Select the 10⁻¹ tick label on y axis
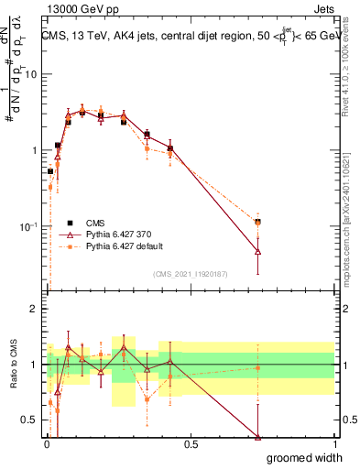[x=30, y=226]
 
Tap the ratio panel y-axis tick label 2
[x=36, y=309]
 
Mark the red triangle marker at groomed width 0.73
[x=258, y=251]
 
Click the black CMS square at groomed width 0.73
[x=258, y=222]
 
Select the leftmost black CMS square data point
[x=50, y=171]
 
